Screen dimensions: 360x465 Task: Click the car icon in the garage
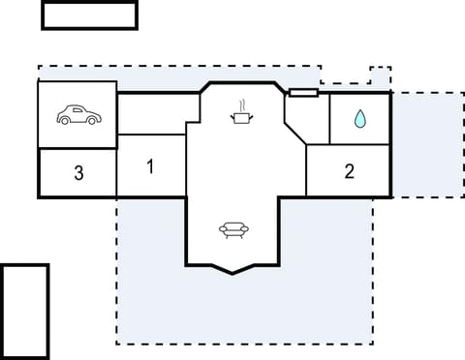coord(77,115)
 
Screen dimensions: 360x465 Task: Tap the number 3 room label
coord(78,174)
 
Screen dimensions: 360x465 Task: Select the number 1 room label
coord(150,166)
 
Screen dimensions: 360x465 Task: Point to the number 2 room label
coord(350,172)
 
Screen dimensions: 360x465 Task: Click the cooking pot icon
coord(241,117)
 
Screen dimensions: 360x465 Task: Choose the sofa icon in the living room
coord(233,230)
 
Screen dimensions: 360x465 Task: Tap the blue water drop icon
coord(359,119)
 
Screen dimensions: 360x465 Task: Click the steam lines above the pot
coord(242,103)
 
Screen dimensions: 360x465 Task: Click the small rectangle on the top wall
coord(303,94)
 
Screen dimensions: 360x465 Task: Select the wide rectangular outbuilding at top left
coord(89,15)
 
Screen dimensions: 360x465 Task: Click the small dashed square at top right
coord(381,77)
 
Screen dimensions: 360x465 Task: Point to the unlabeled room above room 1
coord(152,113)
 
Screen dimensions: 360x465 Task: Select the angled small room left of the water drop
coord(306,121)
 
